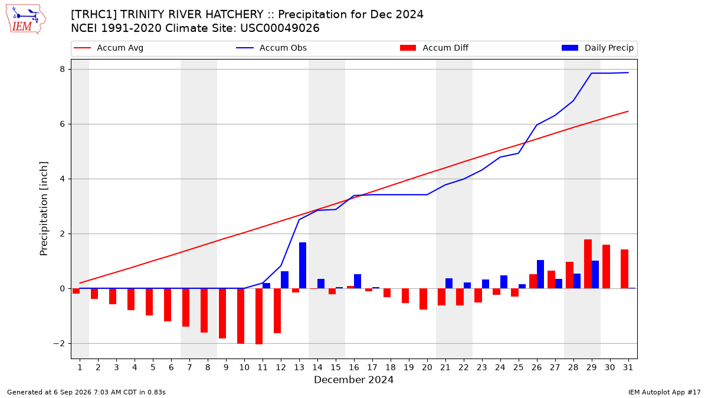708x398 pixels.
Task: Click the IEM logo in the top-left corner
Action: tap(26, 19)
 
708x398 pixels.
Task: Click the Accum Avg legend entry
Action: tap(109, 48)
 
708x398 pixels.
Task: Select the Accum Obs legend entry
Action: tap(271, 48)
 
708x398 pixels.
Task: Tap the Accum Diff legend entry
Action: tap(434, 48)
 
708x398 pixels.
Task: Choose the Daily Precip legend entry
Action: tap(597, 48)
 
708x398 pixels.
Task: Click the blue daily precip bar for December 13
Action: tap(303, 265)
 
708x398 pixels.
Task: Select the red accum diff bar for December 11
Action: tap(259, 316)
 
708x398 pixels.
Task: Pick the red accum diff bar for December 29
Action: tap(588, 264)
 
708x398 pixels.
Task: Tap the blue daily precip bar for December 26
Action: tap(540, 274)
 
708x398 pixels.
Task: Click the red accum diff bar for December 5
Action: tap(149, 302)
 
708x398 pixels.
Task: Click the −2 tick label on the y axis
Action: tap(59, 343)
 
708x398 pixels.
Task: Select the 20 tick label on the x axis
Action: tap(427, 367)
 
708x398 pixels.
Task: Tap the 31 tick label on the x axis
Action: tap(628, 367)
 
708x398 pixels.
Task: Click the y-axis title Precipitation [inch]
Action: tap(44, 209)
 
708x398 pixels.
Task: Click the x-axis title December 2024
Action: tap(353, 380)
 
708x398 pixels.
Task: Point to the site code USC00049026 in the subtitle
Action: tap(280, 28)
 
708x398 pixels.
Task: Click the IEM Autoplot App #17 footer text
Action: tap(664, 392)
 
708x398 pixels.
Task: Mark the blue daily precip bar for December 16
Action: tap(358, 281)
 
